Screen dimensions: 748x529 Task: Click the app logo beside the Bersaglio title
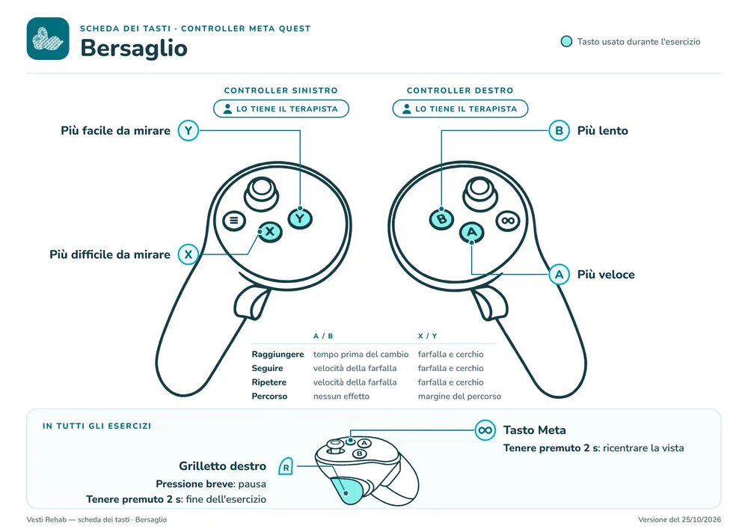click(x=48, y=39)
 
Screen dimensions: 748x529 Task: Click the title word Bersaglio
click(x=134, y=48)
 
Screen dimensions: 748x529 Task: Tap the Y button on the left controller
click(x=300, y=218)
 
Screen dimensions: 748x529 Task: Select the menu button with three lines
click(x=234, y=221)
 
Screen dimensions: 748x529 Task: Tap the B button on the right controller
click(x=442, y=219)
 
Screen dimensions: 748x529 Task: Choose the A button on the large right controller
click(x=472, y=232)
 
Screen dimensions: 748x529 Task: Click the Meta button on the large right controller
click(x=508, y=221)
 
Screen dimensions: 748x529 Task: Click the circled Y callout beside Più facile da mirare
click(x=188, y=130)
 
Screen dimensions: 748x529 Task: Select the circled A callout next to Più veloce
click(x=559, y=275)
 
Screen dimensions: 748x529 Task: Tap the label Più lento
click(x=602, y=131)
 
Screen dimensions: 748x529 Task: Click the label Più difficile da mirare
click(x=110, y=254)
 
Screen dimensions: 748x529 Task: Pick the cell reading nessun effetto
click(x=341, y=397)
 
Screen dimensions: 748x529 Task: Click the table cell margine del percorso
click(x=459, y=397)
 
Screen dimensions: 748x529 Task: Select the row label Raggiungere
click(x=278, y=355)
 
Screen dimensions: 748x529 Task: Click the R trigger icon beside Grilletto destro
click(x=286, y=466)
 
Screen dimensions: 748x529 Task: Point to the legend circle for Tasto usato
click(x=566, y=41)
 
